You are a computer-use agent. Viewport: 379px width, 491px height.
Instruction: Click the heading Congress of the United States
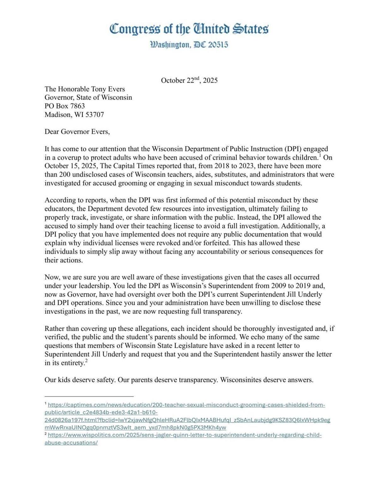pyautogui.click(x=189, y=29)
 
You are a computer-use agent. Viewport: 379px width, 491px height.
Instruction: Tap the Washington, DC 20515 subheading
pyautogui.click(x=189, y=45)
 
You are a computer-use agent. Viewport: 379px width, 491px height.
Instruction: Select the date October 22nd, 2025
pyautogui.click(x=189, y=80)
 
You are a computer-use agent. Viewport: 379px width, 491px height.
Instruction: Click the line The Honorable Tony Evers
pyautogui.click(x=85, y=89)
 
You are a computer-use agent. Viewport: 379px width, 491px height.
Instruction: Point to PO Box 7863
pyautogui.click(x=64, y=106)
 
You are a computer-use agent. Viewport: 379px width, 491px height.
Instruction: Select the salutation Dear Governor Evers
pyautogui.click(x=77, y=132)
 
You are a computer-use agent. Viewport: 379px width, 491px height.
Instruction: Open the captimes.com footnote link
pyautogui.click(x=186, y=405)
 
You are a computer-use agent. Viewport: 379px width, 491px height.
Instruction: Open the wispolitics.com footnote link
pyautogui.click(x=185, y=435)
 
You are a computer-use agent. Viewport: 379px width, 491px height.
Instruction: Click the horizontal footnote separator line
pyautogui.click(x=89, y=396)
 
